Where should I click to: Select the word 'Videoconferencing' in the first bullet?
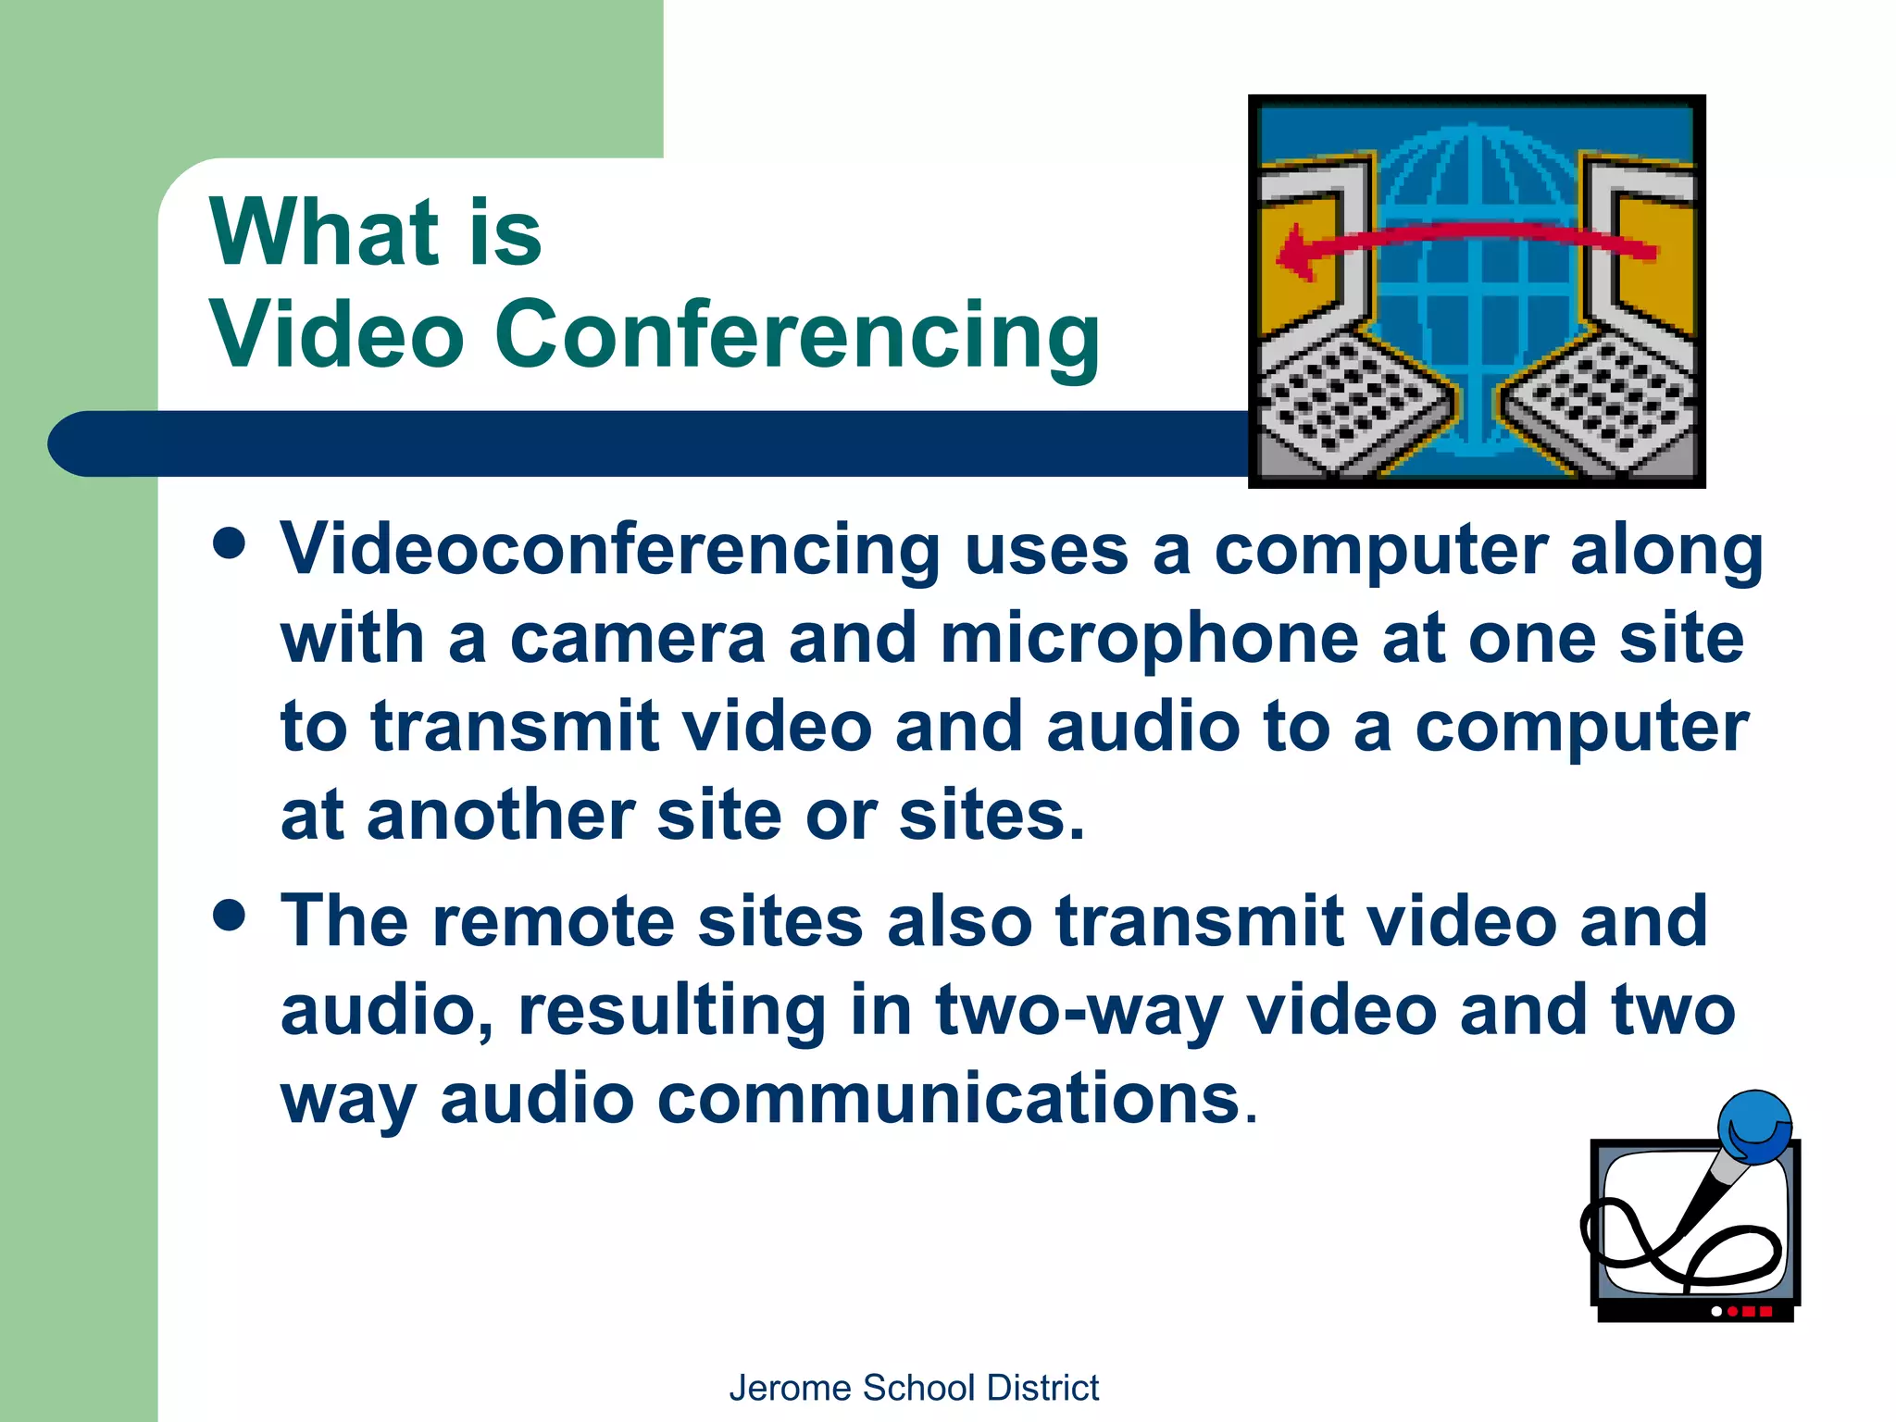pos(610,550)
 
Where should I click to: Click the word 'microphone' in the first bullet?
pos(1149,641)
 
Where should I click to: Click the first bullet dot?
pos(229,544)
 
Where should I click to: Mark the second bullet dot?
pos(229,916)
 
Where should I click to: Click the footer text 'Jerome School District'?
pos(914,1388)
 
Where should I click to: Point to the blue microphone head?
pos(1754,1126)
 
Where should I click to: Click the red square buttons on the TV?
pos(1756,1311)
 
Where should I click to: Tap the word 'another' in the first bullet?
pos(500,817)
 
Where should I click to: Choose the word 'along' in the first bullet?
pos(1666,550)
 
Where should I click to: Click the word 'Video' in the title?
pos(336,335)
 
